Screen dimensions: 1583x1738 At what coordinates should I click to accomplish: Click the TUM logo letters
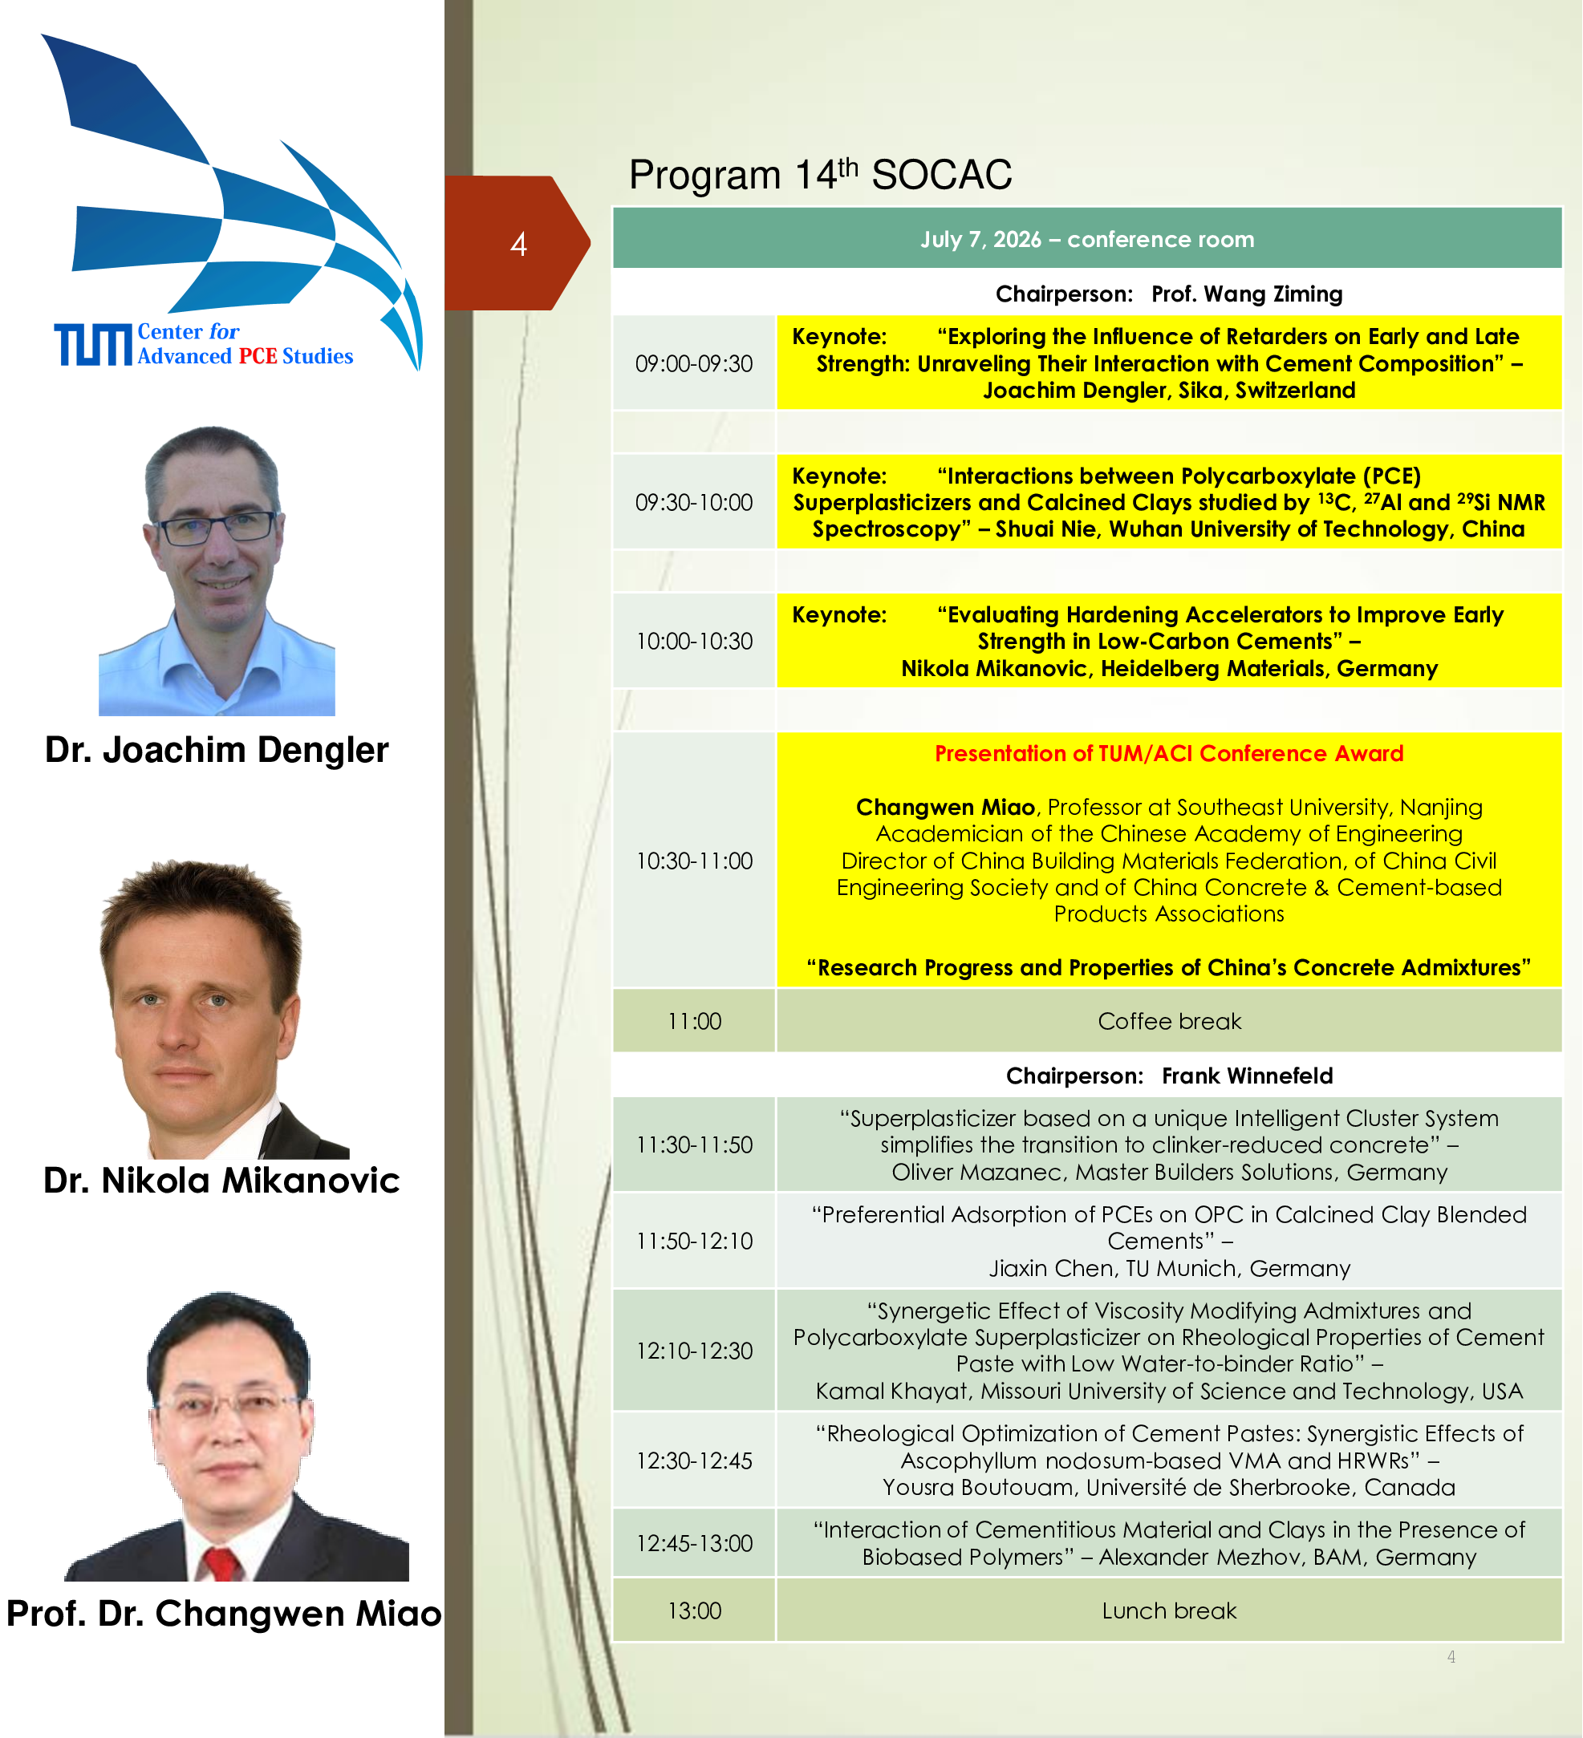tap(94, 345)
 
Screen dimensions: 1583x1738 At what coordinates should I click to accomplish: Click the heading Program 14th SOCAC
tap(820, 174)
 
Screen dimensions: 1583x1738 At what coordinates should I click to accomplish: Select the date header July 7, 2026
tap(1086, 239)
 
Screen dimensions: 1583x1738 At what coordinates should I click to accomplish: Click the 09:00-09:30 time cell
tap(694, 363)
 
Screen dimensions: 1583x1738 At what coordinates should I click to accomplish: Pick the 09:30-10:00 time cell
tap(694, 502)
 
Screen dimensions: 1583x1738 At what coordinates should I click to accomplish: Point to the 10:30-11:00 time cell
tap(694, 860)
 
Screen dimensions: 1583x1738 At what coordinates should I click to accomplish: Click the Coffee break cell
tap(1169, 1021)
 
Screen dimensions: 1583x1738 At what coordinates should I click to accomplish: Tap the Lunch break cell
tap(1169, 1610)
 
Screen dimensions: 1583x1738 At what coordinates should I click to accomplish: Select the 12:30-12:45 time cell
tap(694, 1460)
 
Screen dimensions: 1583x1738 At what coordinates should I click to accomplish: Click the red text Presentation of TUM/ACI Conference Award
tap(1169, 753)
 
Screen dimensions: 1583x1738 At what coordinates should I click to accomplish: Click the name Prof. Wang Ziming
tap(1247, 294)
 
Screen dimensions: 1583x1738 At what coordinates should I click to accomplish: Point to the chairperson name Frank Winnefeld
tap(1247, 1075)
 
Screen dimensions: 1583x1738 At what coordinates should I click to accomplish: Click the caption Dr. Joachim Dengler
tap(217, 750)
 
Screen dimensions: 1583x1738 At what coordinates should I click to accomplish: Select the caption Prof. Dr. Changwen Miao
tap(224, 1613)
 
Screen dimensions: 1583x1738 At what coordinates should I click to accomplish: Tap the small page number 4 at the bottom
tap(1451, 1656)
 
